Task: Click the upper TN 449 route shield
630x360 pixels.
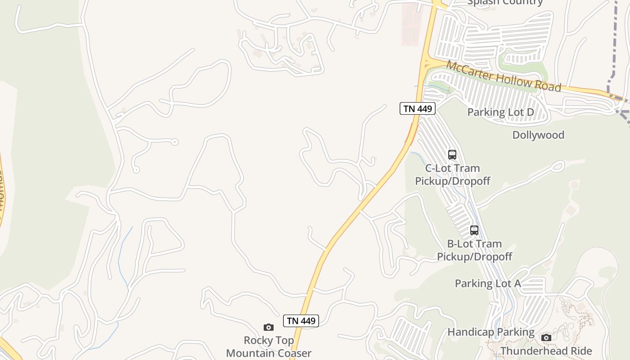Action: (x=417, y=108)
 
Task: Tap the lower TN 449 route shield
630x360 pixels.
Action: (x=301, y=321)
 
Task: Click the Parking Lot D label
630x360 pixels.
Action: (x=500, y=112)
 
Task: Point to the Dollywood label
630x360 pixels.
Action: (x=538, y=135)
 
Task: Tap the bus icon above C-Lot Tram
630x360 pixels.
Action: (x=452, y=155)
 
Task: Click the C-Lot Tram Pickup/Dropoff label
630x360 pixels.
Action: (x=452, y=175)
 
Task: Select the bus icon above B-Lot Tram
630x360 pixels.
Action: (x=474, y=230)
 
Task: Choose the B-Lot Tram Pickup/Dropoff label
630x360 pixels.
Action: (x=474, y=250)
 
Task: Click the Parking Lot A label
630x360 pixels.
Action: (x=487, y=283)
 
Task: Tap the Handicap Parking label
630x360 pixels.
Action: (x=490, y=332)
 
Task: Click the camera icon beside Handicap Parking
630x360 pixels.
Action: (x=546, y=337)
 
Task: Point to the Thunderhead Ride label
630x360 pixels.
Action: (x=546, y=351)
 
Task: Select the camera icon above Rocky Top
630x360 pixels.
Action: (x=269, y=327)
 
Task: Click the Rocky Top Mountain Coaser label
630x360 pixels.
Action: (x=269, y=346)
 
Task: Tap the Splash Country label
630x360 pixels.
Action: (x=505, y=2)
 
